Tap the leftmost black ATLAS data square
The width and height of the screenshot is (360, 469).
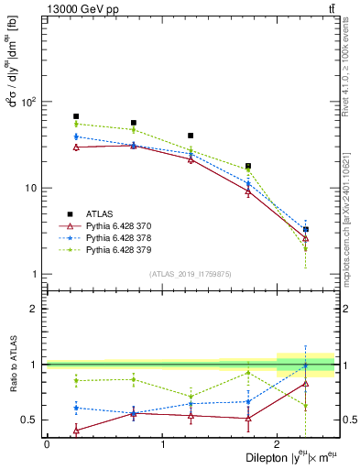point(76,116)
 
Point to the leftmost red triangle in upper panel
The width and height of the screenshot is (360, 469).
point(76,147)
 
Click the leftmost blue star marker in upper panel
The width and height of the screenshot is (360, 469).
point(76,136)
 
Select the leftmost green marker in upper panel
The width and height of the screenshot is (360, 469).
point(76,124)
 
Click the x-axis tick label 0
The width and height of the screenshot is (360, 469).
point(47,443)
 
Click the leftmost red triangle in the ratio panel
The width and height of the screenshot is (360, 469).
point(76,430)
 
